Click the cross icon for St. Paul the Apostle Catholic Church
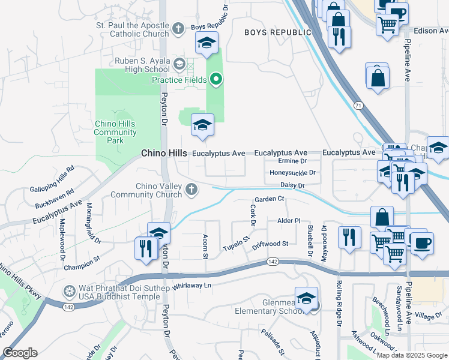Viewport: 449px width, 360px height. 178,28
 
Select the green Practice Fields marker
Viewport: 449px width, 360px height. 215,79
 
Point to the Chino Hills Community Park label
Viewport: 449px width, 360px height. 115,132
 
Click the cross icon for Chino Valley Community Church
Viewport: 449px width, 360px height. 191,190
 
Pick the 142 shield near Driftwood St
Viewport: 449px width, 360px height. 273,262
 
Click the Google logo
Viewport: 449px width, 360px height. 20,353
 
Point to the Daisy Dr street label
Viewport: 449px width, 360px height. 293,185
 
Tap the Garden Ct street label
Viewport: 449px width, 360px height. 268,199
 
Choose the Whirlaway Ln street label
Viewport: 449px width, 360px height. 193,286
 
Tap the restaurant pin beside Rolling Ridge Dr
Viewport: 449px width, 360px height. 348,236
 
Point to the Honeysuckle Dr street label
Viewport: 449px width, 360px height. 292,173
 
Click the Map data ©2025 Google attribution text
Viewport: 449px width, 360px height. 412,355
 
